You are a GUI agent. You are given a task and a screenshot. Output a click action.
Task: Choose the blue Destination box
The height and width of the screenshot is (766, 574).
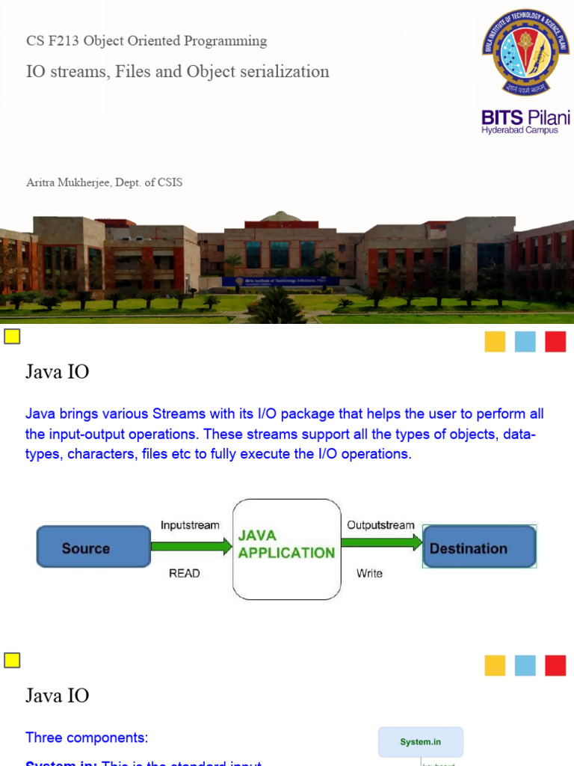pyautogui.click(x=479, y=548)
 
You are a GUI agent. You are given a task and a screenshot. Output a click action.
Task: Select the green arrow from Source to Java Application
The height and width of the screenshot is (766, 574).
pyautogui.click(x=191, y=547)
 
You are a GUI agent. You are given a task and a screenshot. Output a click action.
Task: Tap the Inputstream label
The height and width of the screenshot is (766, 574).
pyautogui.click(x=190, y=525)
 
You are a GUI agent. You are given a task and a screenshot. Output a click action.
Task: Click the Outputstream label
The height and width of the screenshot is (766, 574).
pyautogui.click(x=380, y=525)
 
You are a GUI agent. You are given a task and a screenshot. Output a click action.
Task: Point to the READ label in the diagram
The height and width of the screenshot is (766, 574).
pyautogui.click(x=185, y=573)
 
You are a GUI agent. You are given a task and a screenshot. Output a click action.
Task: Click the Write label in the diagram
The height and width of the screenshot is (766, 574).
pyautogui.click(x=369, y=573)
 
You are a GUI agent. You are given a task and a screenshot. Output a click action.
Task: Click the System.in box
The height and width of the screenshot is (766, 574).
pyautogui.click(x=421, y=742)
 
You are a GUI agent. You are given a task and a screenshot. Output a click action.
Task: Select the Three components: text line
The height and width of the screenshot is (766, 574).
pyautogui.click(x=87, y=738)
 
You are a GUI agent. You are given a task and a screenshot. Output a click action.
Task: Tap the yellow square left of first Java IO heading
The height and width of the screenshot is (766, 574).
pyautogui.click(x=12, y=337)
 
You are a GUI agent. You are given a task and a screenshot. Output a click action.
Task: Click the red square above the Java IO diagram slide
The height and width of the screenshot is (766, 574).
pyautogui.click(x=555, y=341)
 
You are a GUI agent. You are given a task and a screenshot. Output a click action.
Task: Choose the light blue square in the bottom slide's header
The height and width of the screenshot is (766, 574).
pyautogui.click(x=525, y=665)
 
